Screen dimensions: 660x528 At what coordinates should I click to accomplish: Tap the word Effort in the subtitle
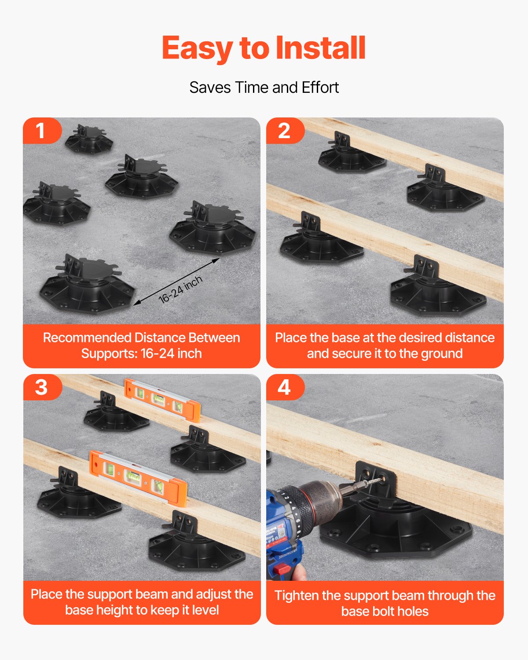[320, 88]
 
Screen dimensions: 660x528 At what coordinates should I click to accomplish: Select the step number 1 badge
[40, 131]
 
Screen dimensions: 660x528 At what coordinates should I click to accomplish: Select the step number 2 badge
[284, 131]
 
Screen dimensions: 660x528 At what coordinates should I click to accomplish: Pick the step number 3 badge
[41, 387]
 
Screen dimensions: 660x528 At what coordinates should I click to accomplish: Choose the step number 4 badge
[284, 387]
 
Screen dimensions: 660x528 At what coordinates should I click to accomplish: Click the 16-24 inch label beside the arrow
[180, 290]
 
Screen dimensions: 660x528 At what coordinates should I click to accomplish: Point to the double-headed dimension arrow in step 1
[176, 282]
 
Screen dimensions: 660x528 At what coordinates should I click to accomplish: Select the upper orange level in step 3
[162, 400]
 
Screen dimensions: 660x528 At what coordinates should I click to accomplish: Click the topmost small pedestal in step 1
[89, 139]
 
